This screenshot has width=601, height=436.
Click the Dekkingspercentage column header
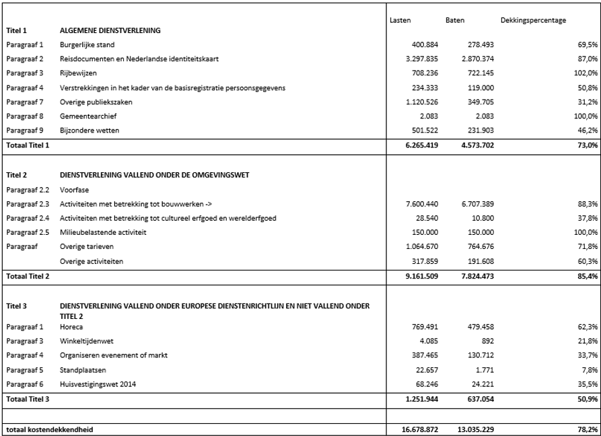coord(533,20)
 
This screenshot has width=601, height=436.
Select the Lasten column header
coord(400,20)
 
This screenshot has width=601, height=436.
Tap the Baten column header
coord(454,20)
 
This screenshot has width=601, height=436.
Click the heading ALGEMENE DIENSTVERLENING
coord(110,30)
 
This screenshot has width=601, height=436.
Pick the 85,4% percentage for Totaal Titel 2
coord(588,276)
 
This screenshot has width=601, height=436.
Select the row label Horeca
coord(71,326)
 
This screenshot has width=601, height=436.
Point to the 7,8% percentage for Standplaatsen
coord(590,370)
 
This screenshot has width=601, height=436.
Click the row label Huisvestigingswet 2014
coord(97,384)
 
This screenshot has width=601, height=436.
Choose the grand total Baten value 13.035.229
coord(465,429)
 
